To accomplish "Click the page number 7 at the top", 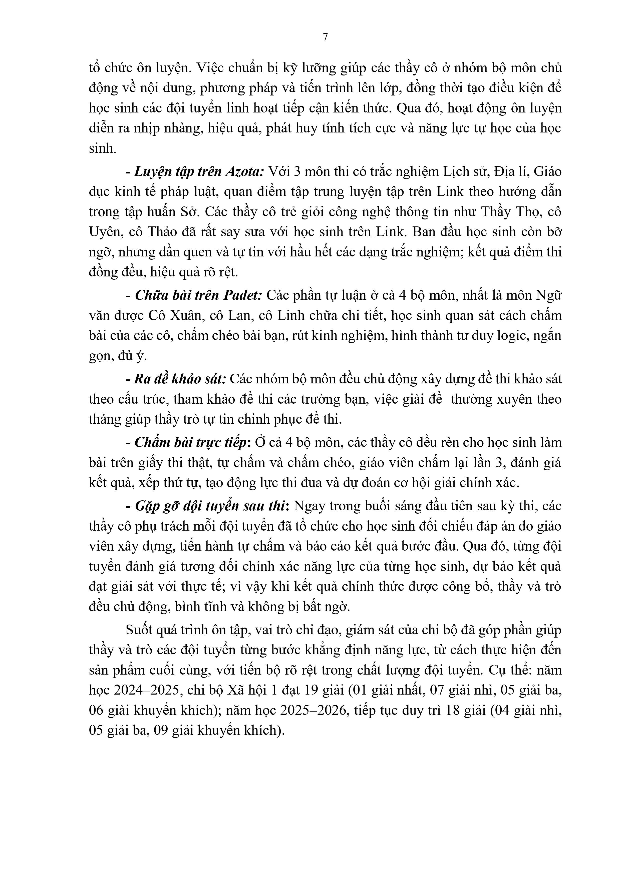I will tap(326, 37).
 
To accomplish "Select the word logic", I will tap(505, 336).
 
